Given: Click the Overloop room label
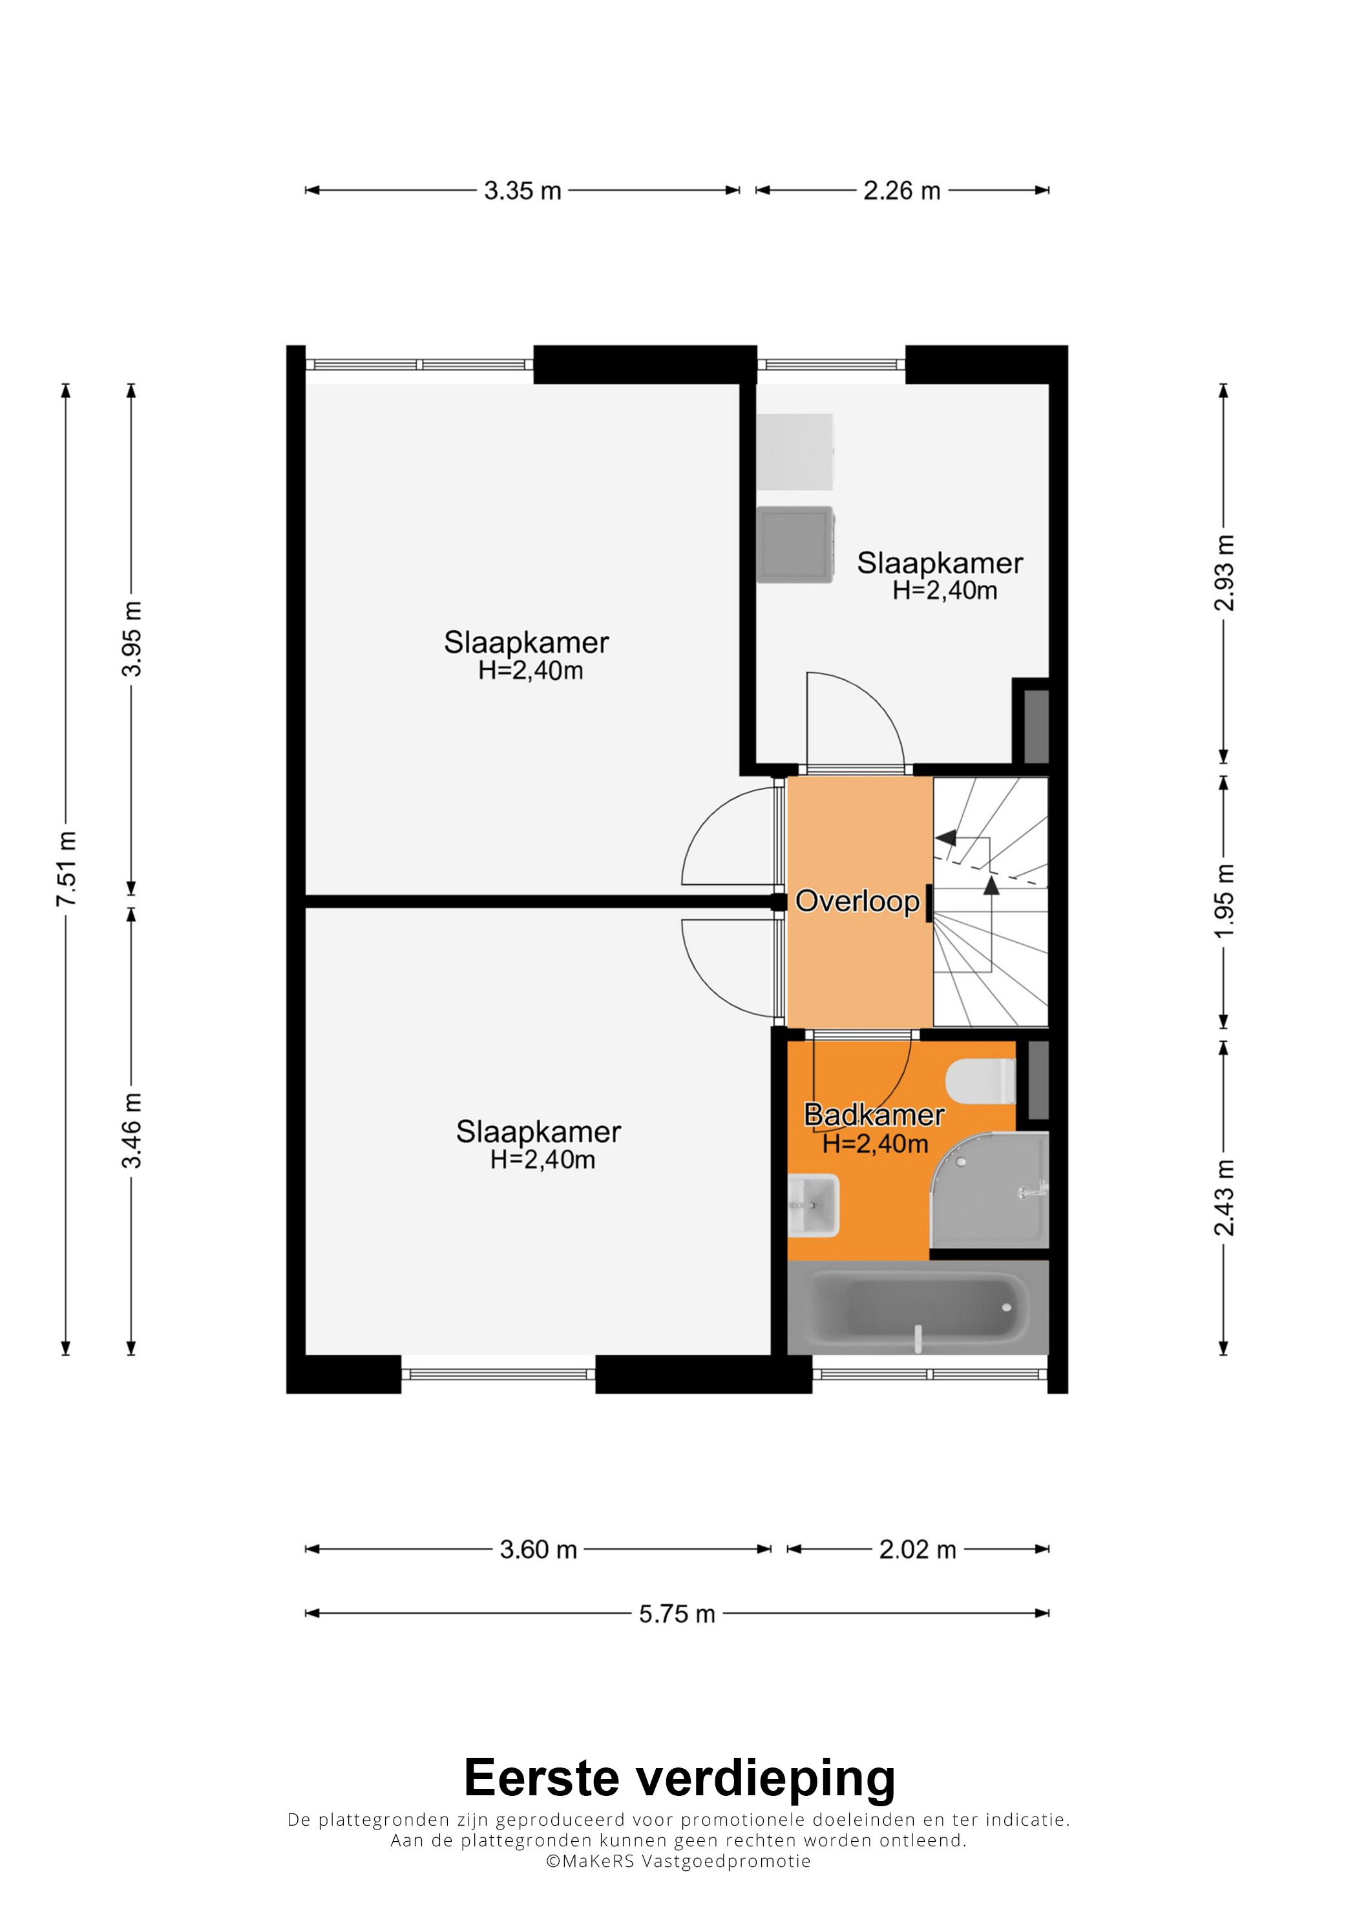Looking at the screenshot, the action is point(857,901).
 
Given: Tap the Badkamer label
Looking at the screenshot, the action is point(874,1115).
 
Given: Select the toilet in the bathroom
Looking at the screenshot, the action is point(981,1081).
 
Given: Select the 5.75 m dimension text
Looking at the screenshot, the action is point(677,1613).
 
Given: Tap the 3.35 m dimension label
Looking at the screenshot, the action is point(523,191).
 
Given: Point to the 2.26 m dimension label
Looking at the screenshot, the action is point(902,191).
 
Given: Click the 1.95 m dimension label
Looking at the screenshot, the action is point(1223,901).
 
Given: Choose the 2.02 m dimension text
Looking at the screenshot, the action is point(917,1550).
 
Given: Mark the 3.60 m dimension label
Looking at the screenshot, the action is point(538,1550).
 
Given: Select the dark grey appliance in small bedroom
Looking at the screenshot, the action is point(795,544).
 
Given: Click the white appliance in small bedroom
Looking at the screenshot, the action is point(795,452).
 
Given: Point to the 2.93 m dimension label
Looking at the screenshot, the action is point(1223,573).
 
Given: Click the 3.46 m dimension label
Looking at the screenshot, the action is point(131,1130).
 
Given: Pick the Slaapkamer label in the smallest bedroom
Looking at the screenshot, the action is point(940,563).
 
